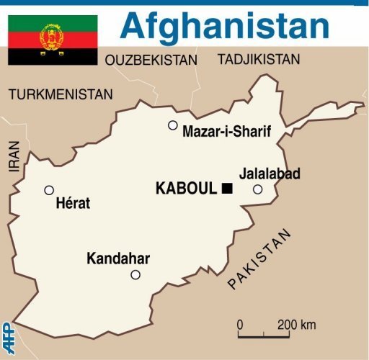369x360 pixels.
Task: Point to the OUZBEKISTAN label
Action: click(x=151, y=60)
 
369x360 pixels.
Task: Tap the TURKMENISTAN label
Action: click(x=61, y=94)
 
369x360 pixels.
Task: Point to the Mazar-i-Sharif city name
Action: click(x=226, y=132)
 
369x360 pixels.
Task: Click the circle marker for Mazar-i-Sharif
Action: click(x=173, y=125)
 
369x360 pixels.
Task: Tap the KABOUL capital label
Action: click(x=186, y=189)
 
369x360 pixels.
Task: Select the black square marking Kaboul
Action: click(x=228, y=189)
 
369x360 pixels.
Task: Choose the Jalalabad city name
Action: click(x=270, y=174)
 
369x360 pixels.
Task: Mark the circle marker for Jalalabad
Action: click(x=258, y=189)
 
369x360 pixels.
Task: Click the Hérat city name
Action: click(x=73, y=204)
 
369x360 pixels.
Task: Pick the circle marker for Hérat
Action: click(x=49, y=191)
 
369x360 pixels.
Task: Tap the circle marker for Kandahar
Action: click(x=135, y=274)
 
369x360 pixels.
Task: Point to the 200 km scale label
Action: click(x=296, y=325)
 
